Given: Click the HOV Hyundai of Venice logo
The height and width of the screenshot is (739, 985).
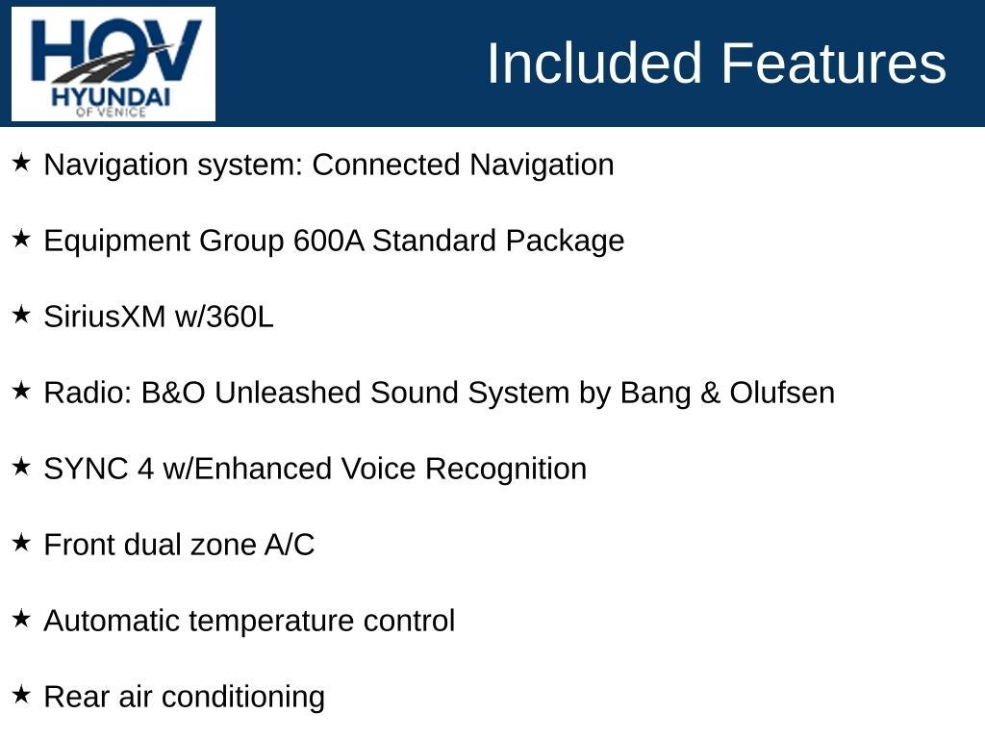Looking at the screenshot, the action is click(114, 64).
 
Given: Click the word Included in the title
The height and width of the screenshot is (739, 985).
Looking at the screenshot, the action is click(594, 63).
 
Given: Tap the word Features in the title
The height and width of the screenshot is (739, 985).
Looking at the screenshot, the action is click(834, 63).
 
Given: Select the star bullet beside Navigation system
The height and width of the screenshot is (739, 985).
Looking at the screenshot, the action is click(21, 162).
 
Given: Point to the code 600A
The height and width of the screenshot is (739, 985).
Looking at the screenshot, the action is click(329, 241).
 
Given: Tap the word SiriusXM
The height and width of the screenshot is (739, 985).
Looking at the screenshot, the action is click(105, 316).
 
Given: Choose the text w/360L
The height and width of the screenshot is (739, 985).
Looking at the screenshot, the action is click(224, 316).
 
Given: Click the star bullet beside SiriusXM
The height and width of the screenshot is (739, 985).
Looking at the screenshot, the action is click(21, 315).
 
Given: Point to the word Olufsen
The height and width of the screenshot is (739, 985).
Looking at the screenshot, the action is click(782, 393).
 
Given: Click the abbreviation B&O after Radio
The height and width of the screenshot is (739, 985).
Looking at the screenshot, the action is click(173, 393).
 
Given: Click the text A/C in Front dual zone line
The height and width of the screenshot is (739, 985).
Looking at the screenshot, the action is click(290, 545).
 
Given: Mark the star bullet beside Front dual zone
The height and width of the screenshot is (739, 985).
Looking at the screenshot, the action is click(21, 543).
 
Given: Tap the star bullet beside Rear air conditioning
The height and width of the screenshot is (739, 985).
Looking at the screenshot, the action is click(21, 695).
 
